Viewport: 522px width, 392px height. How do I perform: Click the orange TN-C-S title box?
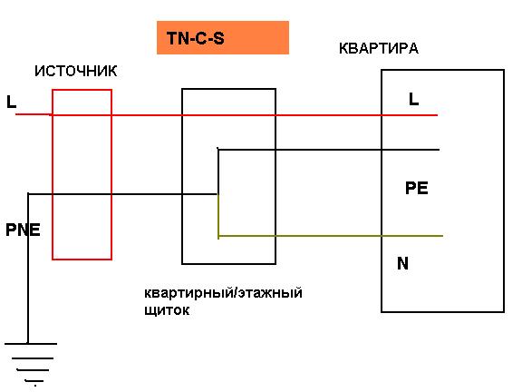(x=223, y=38)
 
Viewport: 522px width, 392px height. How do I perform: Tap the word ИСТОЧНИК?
(x=76, y=72)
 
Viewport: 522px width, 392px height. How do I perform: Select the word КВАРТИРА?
(x=379, y=49)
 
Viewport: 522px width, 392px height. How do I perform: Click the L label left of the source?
(x=11, y=102)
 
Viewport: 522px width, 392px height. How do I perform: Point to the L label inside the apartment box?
(x=414, y=99)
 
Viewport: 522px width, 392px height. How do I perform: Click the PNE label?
(x=23, y=230)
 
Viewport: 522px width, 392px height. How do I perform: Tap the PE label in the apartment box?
(x=417, y=189)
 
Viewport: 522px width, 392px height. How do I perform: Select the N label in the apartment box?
(x=402, y=263)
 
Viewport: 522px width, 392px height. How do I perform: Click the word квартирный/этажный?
(x=223, y=293)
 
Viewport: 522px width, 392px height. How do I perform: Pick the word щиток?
(x=167, y=310)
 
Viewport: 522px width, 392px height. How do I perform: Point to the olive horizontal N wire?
(x=331, y=236)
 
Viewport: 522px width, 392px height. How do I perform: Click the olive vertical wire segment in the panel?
(x=218, y=215)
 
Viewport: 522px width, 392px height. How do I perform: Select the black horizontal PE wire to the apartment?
(x=329, y=150)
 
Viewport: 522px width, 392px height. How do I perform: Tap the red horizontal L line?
(x=227, y=115)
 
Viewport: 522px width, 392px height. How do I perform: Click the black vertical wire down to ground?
(x=28, y=269)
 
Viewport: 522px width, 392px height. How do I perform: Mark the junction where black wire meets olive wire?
(x=218, y=194)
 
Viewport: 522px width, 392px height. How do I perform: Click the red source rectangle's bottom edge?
(x=82, y=259)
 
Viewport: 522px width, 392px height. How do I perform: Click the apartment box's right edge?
(x=504, y=191)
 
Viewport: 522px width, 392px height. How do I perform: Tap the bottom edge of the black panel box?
(x=228, y=264)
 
